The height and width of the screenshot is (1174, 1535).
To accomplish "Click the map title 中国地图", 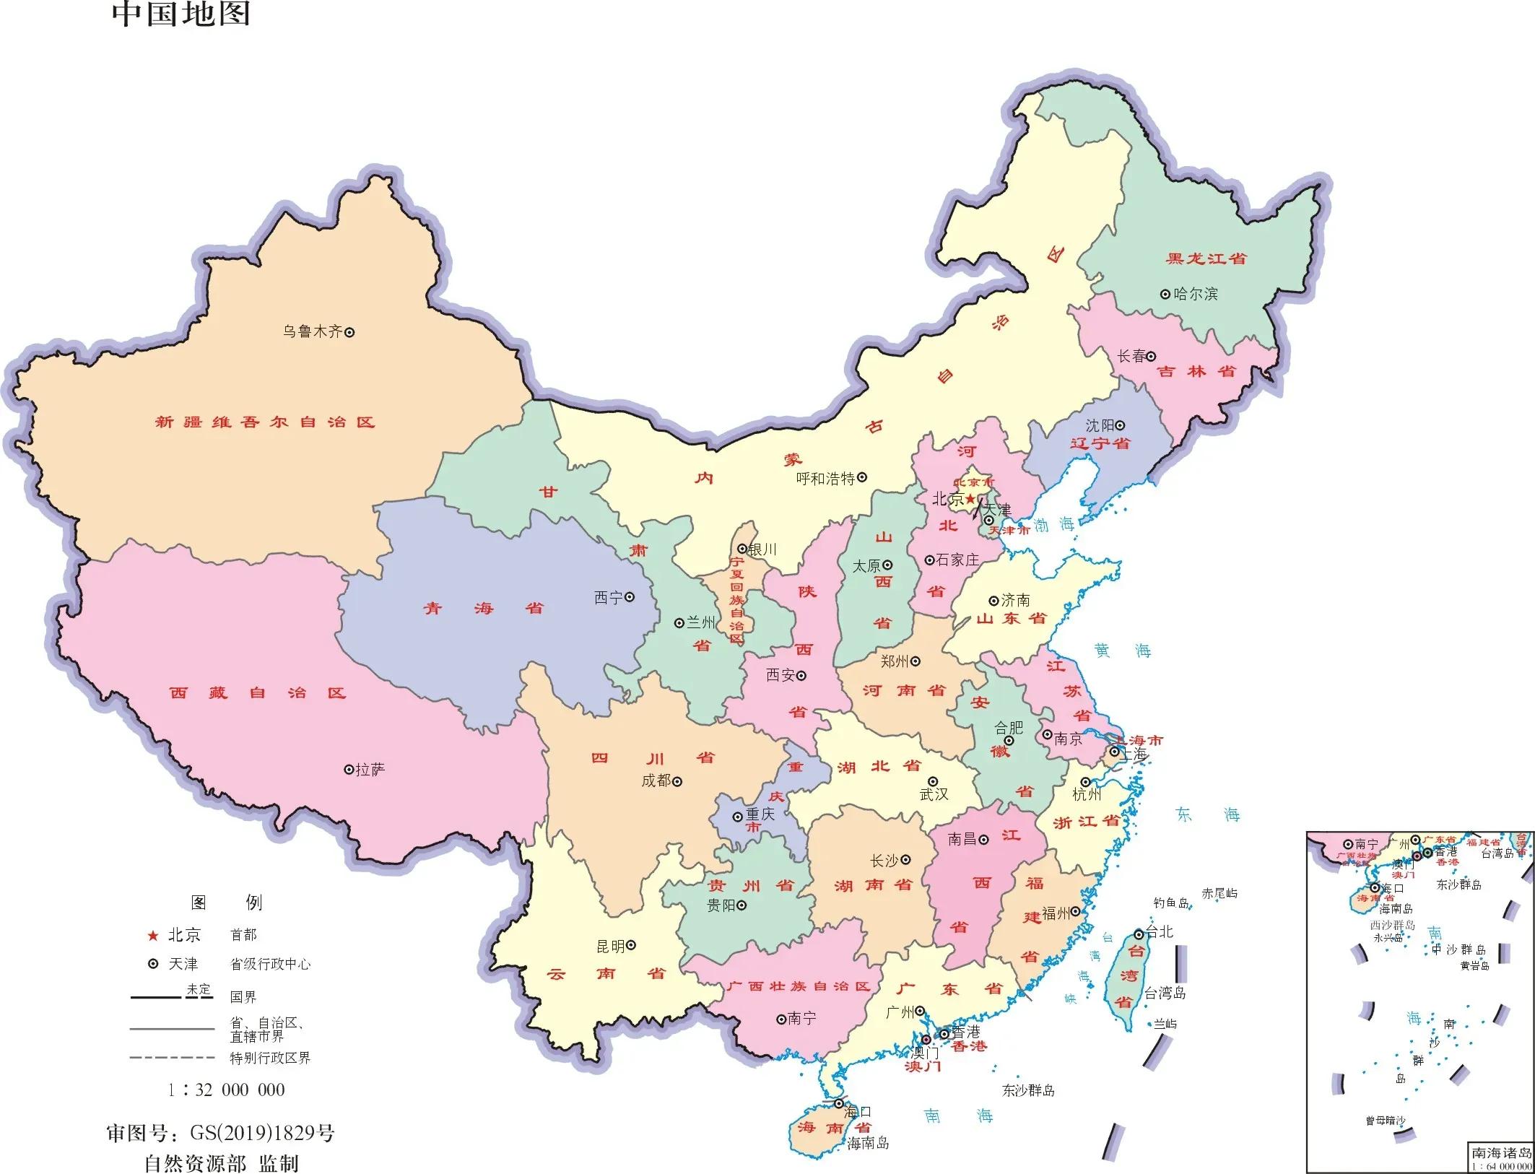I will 181,14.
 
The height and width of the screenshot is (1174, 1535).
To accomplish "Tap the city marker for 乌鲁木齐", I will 349,333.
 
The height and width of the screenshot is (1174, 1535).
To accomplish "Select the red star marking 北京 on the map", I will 970,499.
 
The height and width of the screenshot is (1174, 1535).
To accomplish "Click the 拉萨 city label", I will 370,770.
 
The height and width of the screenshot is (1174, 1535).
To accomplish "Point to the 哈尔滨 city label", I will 1196,294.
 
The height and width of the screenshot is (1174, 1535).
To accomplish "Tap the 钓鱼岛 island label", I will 1170,903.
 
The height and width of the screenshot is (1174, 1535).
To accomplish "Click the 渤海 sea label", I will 1053,525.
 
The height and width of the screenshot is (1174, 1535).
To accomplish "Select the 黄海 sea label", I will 1122,651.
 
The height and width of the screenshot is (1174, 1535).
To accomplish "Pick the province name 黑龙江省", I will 1206,258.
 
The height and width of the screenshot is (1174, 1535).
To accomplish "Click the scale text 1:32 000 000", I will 226,1090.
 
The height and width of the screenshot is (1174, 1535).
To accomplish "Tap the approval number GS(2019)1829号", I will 262,1133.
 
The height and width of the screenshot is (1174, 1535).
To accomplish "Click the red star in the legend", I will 152,936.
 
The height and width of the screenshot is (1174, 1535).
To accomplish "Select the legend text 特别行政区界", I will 270,1058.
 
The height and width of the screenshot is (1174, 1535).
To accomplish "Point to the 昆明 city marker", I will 630,945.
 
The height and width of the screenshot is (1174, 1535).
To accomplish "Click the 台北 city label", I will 1160,932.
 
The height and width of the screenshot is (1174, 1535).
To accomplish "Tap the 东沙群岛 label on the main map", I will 1028,1090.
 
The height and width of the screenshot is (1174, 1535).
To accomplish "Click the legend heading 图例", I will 226,903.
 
